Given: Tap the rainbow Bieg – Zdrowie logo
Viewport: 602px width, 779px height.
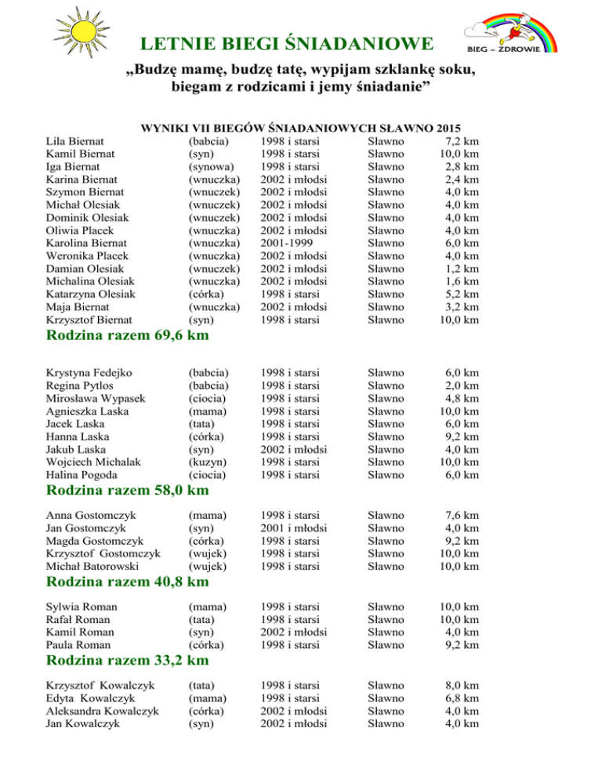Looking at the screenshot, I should point(512,31).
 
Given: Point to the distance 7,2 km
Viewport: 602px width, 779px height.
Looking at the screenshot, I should point(460,141).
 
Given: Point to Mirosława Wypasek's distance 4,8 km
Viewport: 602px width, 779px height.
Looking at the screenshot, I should point(460,397).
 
